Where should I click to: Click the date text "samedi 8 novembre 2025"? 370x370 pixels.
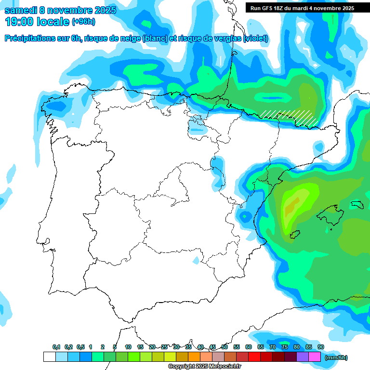pyautogui.click(x=60, y=10)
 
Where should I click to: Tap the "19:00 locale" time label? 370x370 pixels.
pyautogui.click(x=37, y=22)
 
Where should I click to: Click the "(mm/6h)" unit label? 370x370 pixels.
pyautogui.click(x=336, y=357)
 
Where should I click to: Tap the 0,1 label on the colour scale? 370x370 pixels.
pyautogui.click(x=56, y=347)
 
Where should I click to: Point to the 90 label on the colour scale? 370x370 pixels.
pyautogui.click(x=320, y=347)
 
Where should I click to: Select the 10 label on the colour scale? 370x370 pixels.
pyautogui.click(x=128, y=347)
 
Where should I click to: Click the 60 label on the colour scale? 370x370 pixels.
pyautogui.click(x=249, y=347)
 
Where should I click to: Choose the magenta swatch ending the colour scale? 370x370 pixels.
pyautogui.click(x=315, y=357)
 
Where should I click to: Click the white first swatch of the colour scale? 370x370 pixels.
pyautogui.click(x=49, y=357)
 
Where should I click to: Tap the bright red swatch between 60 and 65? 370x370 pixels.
pyautogui.click(x=254, y=357)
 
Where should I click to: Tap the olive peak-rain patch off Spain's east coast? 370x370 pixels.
pyautogui.click(x=290, y=208)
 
